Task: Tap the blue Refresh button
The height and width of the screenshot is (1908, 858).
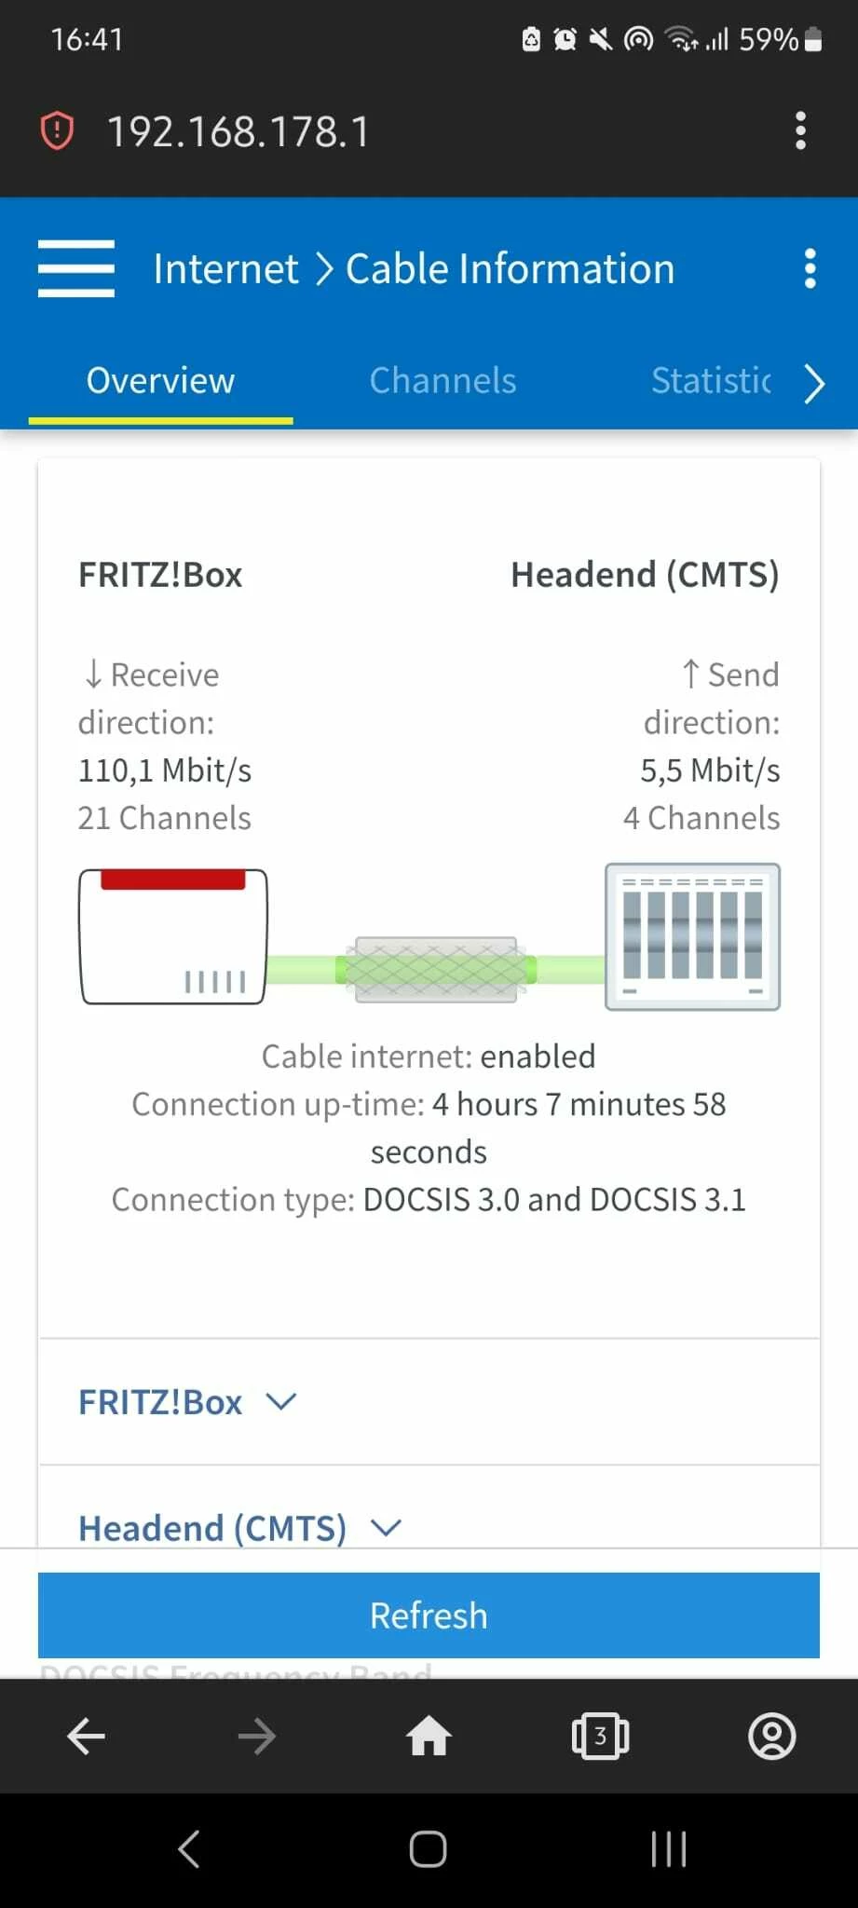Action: click(429, 1615)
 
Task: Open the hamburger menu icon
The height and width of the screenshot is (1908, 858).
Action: click(76, 268)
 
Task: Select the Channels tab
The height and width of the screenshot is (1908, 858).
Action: click(443, 380)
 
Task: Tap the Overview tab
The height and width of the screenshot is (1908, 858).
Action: click(160, 380)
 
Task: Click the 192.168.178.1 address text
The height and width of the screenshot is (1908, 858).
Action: click(238, 131)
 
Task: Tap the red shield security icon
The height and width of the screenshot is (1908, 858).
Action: click(57, 130)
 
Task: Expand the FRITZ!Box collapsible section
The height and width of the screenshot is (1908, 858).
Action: click(187, 1401)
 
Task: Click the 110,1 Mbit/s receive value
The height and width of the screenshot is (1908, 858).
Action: click(165, 770)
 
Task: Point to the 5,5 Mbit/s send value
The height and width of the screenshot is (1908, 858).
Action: click(710, 770)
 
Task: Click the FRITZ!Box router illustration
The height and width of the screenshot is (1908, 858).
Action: click(173, 936)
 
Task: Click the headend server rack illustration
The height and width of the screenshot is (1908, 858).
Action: click(692, 936)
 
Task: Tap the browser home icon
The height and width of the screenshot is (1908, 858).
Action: click(429, 1736)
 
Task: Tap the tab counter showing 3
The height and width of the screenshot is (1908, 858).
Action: click(600, 1736)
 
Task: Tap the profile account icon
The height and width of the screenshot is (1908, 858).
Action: click(771, 1736)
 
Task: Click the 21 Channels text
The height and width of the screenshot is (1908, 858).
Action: click(165, 818)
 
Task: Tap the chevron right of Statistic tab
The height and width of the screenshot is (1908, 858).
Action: click(814, 383)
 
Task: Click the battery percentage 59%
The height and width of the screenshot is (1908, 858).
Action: click(768, 39)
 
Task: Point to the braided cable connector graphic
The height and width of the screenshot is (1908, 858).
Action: click(436, 970)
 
